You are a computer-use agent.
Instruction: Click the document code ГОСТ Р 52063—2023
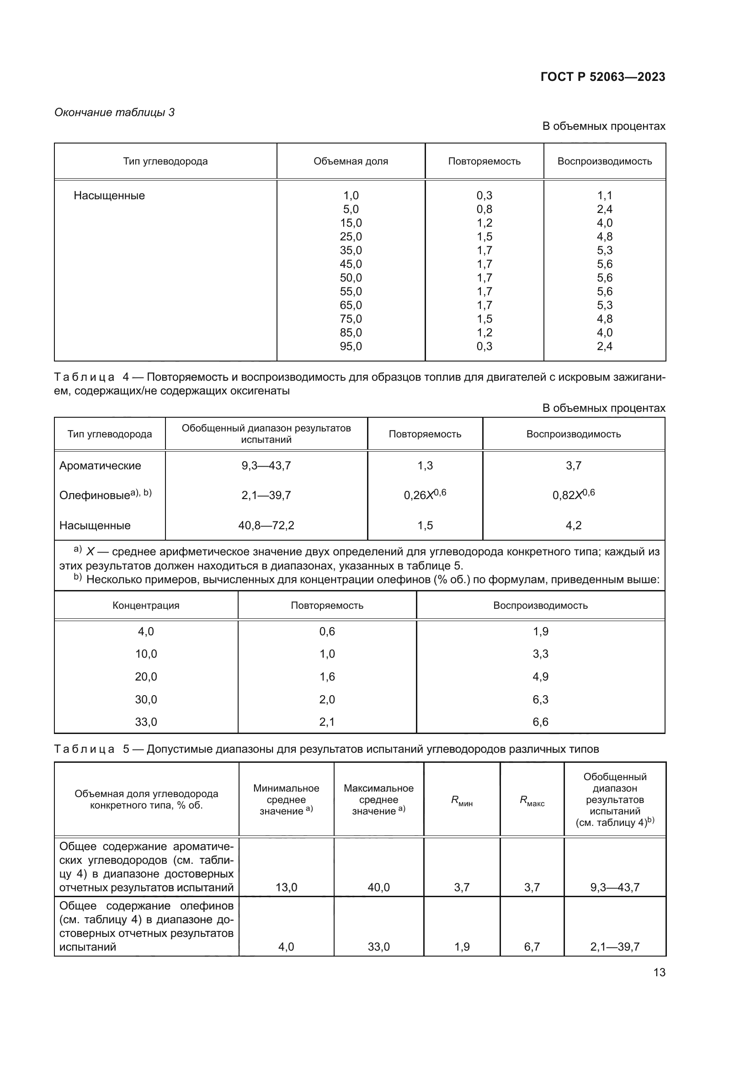click(x=603, y=77)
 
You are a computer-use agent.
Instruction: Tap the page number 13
click(x=659, y=972)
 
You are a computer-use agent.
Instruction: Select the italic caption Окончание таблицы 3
click(x=115, y=112)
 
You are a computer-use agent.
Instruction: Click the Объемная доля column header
click(x=351, y=161)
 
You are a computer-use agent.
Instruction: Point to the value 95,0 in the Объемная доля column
click(x=351, y=346)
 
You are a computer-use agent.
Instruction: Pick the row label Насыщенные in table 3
click(x=109, y=196)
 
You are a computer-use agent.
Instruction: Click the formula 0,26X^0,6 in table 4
click(x=425, y=495)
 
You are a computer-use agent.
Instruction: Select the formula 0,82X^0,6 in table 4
click(x=574, y=495)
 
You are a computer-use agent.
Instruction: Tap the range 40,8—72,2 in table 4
click(x=266, y=525)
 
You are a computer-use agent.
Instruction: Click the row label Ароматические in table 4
click(x=100, y=466)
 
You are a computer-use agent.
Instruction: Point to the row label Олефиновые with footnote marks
click(x=105, y=495)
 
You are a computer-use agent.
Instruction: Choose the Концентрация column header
click(x=146, y=605)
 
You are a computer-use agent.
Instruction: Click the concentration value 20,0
click(x=146, y=676)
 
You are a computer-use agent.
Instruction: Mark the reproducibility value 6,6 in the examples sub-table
click(x=540, y=722)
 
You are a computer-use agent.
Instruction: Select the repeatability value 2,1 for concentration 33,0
click(x=327, y=722)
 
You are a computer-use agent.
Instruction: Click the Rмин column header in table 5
click(x=462, y=801)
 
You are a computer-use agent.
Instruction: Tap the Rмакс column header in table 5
click(x=532, y=801)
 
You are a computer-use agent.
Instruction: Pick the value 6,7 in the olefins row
click(x=532, y=947)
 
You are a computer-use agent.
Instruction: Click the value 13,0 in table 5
click(x=286, y=887)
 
